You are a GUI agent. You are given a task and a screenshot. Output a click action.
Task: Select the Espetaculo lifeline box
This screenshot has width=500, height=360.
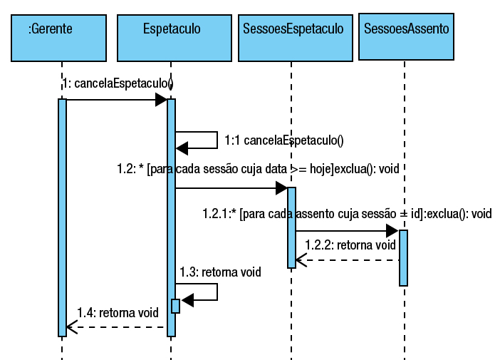click(x=171, y=37)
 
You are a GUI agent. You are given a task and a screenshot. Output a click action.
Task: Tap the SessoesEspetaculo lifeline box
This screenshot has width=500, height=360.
click(x=293, y=37)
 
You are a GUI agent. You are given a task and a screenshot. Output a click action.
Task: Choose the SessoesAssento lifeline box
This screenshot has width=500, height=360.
click(x=405, y=36)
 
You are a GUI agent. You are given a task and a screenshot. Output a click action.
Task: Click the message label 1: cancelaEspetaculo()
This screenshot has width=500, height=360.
click(x=118, y=84)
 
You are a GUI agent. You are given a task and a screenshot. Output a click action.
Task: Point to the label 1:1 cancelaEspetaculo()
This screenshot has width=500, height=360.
click(x=283, y=140)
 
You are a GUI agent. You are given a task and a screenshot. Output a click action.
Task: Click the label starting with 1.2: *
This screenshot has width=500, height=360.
click(x=258, y=169)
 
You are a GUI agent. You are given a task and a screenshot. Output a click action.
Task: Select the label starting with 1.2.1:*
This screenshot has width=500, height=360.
click(x=347, y=213)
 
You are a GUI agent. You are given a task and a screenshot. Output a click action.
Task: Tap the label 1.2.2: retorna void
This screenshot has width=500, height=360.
click(x=350, y=245)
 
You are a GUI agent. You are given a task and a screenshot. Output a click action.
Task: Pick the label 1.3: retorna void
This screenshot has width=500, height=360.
click(x=220, y=272)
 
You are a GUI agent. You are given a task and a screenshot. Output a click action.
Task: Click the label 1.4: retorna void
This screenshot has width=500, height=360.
click(x=118, y=312)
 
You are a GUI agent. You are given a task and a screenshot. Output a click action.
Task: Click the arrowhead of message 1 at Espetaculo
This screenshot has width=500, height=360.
click(x=161, y=100)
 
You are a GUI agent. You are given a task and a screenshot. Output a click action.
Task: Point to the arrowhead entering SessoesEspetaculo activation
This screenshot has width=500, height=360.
click(x=281, y=188)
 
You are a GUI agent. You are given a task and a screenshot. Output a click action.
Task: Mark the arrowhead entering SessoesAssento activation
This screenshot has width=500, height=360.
click(x=392, y=231)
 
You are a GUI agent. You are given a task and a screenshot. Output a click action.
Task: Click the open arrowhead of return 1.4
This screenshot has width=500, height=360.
click(x=71, y=327)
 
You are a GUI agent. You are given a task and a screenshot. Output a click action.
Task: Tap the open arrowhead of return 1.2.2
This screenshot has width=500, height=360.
click(x=301, y=260)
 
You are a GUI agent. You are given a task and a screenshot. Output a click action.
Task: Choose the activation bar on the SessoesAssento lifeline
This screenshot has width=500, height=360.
click(x=403, y=257)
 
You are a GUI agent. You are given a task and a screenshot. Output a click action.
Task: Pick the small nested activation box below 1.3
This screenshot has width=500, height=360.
click(x=175, y=306)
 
